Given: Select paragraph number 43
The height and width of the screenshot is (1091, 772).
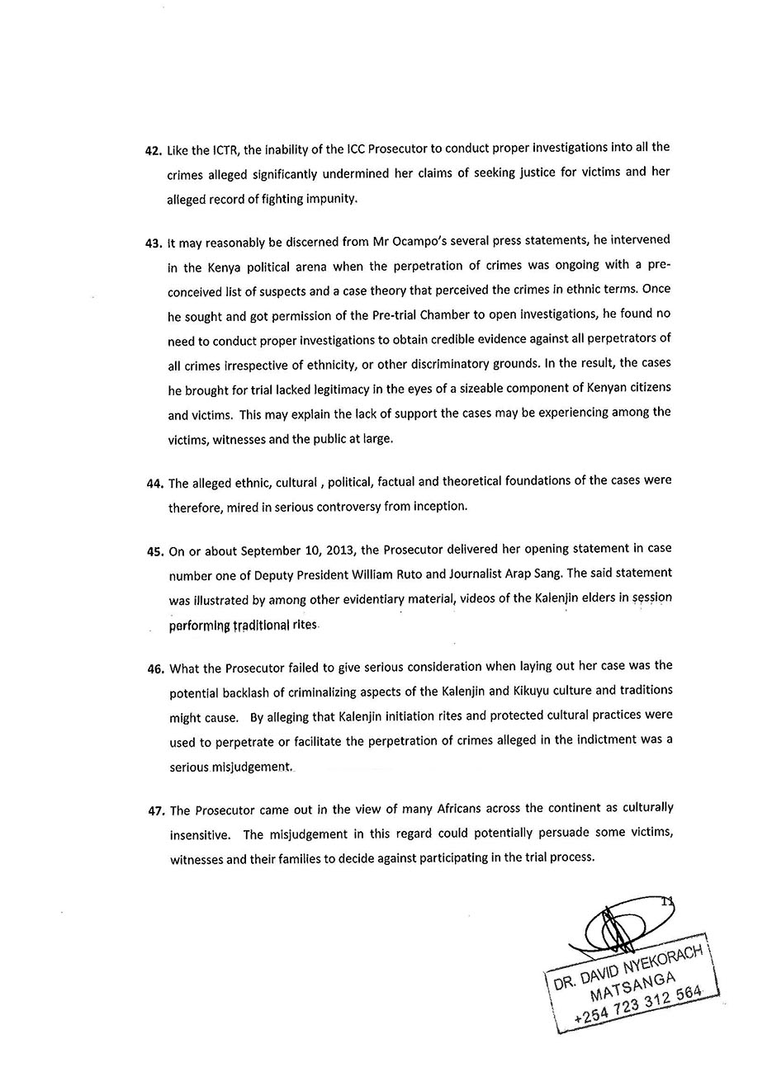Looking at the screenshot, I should [154, 243].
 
